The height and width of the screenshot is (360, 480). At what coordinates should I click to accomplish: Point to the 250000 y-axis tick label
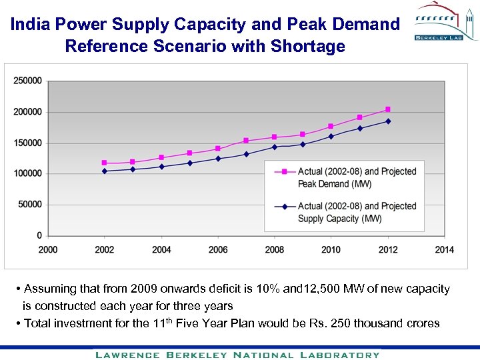click(27, 81)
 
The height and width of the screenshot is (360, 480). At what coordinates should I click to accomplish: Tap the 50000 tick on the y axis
click(30, 205)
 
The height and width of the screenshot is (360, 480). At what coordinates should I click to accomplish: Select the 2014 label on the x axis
click(444, 249)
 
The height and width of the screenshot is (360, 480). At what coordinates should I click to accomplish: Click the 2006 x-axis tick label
click(218, 249)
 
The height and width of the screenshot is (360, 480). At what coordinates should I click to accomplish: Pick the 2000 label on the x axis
click(48, 249)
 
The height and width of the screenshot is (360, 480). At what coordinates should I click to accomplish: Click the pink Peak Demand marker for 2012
click(388, 109)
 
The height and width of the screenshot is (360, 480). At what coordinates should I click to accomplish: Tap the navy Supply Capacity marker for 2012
click(388, 121)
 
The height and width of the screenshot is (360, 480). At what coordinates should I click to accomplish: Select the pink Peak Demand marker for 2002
click(104, 163)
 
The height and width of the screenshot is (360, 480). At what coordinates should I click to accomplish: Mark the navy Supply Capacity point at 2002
click(104, 171)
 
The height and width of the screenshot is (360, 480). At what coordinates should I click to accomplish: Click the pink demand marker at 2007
click(246, 141)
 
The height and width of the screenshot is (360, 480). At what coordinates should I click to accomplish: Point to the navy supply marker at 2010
click(331, 136)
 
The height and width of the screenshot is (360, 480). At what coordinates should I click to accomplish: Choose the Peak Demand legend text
click(357, 177)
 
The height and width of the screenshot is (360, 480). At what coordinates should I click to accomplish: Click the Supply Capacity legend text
click(357, 212)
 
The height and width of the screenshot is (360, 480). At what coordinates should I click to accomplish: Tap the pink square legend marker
click(285, 171)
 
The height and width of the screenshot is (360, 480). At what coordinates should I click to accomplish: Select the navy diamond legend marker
click(285, 207)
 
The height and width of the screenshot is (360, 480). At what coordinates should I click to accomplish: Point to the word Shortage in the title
click(311, 46)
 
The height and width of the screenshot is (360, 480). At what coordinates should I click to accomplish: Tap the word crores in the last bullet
click(420, 323)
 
